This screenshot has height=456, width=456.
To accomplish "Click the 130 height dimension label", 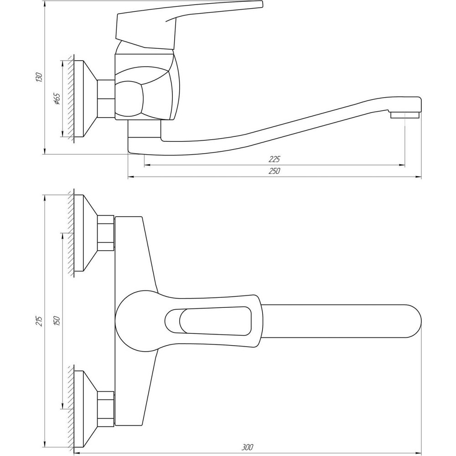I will click(40, 77).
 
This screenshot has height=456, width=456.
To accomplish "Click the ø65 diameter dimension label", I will click(57, 99).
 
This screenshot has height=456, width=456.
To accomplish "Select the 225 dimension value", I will click(274, 159).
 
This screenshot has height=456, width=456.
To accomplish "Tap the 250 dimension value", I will click(274, 171).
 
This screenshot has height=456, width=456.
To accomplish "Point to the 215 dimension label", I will click(40, 321).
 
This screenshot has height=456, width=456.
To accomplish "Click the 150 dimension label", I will click(57, 321).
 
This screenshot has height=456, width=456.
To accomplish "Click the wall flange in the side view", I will click(84, 99).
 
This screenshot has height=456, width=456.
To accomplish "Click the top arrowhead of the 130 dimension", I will click(45, 4).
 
